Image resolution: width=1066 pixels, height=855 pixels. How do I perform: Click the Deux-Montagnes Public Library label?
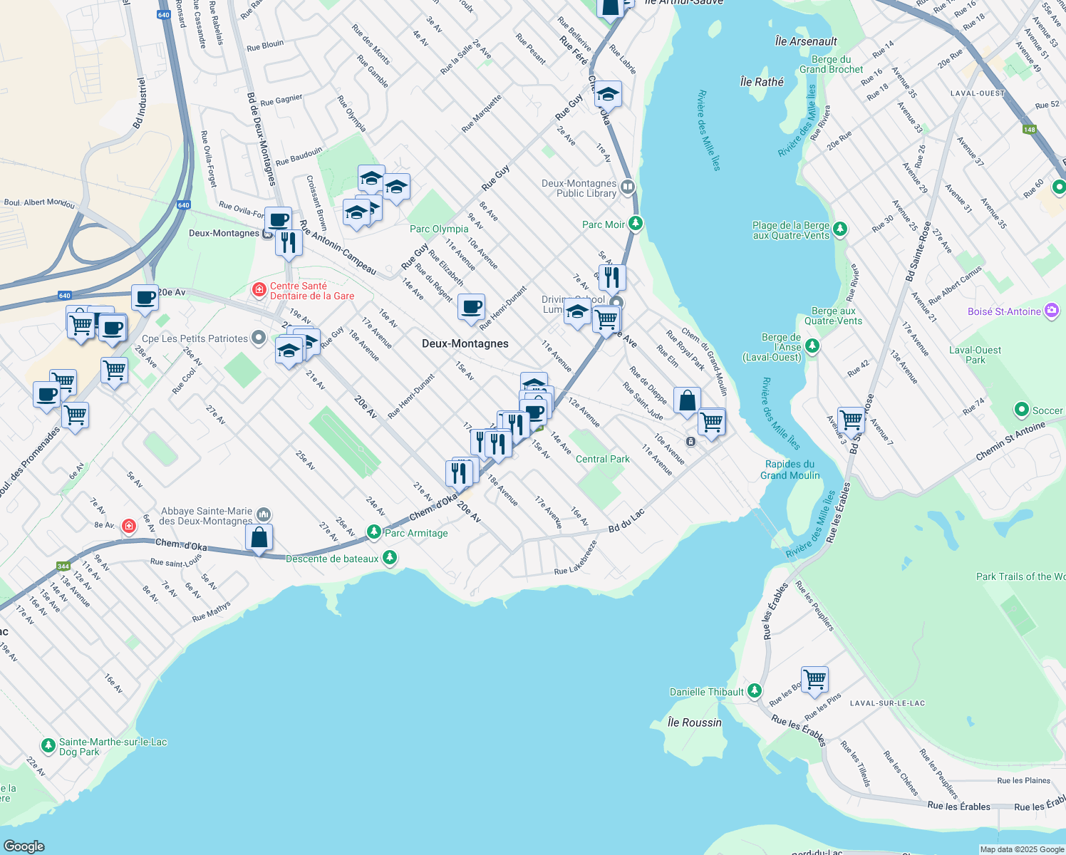tap(579, 188)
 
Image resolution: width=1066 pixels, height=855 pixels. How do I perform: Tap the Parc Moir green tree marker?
tap(635, 224)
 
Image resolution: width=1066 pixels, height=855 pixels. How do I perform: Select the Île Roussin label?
tap(694, 722)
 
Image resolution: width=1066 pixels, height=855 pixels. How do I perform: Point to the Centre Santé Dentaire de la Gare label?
tap(311, 291)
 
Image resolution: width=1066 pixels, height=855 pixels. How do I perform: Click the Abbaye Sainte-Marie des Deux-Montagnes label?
tap(206, 516)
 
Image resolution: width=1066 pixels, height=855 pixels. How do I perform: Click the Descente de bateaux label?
tap(332, 559)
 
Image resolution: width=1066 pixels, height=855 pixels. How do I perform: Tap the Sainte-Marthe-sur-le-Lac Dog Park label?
tap(113, 747)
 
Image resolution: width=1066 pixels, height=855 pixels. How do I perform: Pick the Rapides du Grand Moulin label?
tap(790, 470)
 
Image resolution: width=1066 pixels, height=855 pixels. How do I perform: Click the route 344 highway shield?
tap(63, 566)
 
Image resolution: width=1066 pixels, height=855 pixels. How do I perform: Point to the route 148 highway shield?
tap(1029, 129)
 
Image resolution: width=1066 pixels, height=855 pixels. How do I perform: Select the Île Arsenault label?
tap(806, 41)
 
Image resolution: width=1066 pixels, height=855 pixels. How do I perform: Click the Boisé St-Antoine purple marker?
tap(1051, 311)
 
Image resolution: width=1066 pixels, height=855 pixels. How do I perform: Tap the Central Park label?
tap(602, 459)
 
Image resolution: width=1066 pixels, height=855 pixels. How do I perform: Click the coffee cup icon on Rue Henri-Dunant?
tap(471, 308)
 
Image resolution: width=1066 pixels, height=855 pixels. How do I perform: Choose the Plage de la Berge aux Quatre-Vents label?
tap(791, 230)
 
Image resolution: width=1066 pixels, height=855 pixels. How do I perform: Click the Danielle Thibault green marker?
tap(755, 690)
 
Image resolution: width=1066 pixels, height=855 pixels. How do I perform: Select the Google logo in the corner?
tap(24, 846)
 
